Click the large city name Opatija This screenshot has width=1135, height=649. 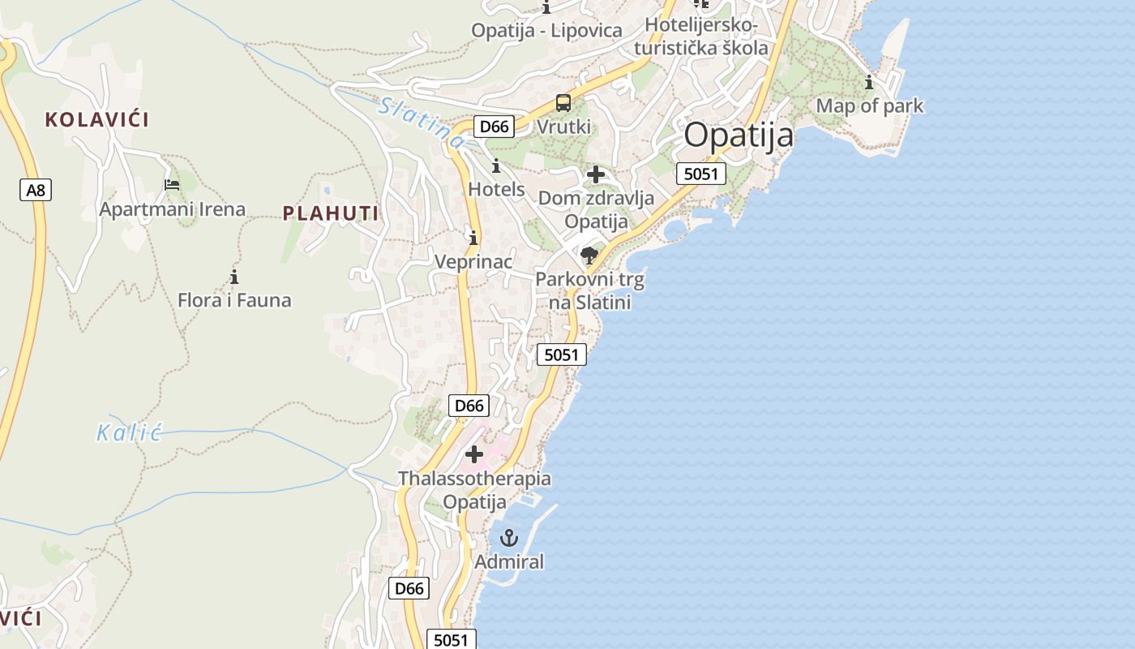[x=739, y=135]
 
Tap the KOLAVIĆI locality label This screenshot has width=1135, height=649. [x=97, y=120]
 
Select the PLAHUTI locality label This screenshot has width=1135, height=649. [x=331, y=213]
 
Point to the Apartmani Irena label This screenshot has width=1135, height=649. [x=172, y=209]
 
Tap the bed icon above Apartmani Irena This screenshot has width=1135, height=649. [x=172, y=185]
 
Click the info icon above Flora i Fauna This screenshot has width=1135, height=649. [x=234, y=277]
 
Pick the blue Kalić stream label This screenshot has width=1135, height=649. [x=130, y=432]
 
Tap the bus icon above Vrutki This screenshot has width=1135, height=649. [x=563, y=103]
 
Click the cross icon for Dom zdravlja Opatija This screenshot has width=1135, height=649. [x=596, y=174]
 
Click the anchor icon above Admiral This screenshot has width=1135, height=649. [x=509, y=537]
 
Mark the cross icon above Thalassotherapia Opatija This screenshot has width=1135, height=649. [x=474, y=454]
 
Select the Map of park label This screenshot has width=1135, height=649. [x=869, y=105]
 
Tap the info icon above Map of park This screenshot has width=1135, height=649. [x=869, y=82]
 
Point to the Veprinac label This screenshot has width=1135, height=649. [x=473, y=261]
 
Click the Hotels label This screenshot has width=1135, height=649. [x=496, y=189]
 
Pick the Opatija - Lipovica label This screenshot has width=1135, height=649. [x=547, y=31]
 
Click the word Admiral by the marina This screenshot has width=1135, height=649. [x=509, y=561]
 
